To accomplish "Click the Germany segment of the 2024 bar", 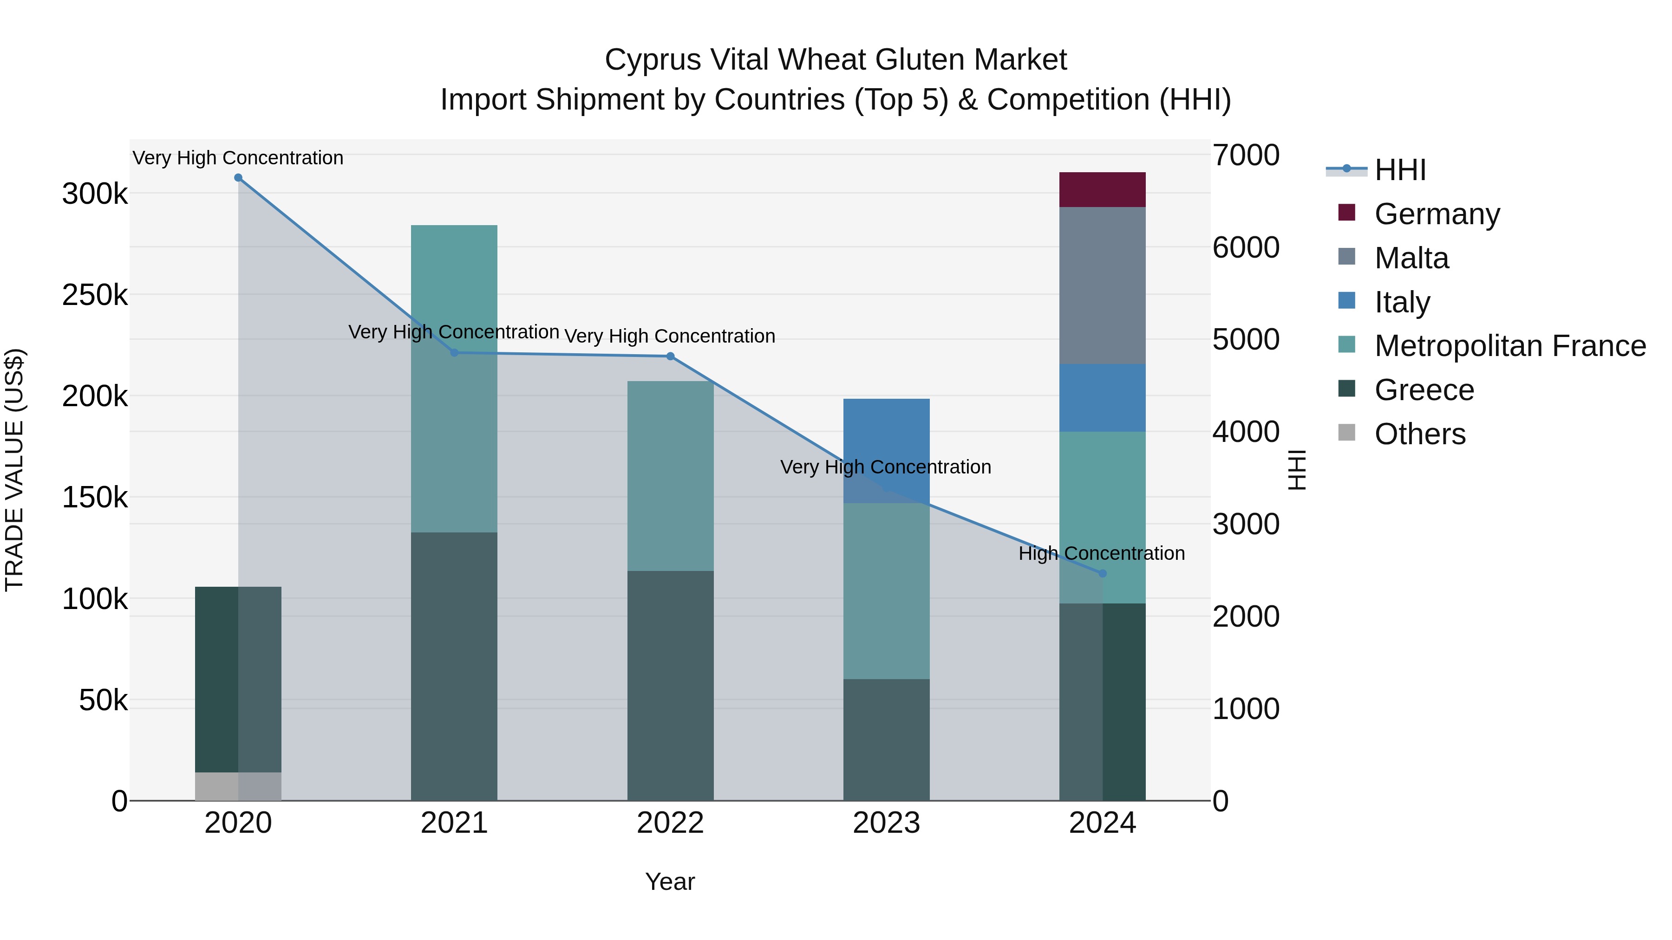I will [1102, 189].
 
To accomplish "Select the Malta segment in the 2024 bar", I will [1102, 285].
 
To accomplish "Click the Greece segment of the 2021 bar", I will [454, 666].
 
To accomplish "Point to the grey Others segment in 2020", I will [237, 786].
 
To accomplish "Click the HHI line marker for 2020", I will [238, 178].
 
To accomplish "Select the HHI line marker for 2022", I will [671, 356].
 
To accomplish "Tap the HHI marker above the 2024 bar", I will [1102, 573].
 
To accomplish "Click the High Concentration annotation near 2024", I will [1102, 553].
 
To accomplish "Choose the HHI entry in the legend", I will [1400, 170].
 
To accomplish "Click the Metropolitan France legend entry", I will [1510, 346].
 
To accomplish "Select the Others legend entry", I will [1419, 434].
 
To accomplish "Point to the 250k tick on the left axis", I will [95, 295].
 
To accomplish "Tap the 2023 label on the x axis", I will [886, 823].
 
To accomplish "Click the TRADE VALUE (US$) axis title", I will [14, 470].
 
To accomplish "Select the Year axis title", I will [670, 882].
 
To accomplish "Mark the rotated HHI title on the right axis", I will [1296, 470].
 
